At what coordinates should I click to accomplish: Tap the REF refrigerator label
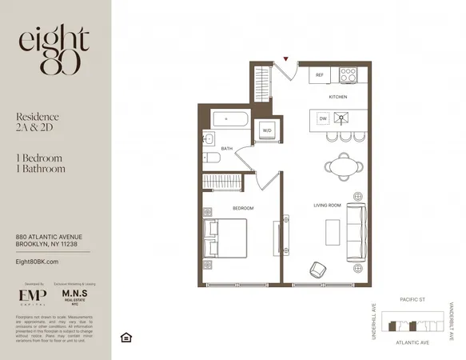tap(318, 76)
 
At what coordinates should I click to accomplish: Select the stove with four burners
tap(349, 74)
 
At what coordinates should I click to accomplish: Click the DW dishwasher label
tap(322, 118)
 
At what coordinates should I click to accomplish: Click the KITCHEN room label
tap(338, 97)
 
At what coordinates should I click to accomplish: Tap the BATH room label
tap(227, 148)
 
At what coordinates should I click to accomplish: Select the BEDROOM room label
tap(243, 208)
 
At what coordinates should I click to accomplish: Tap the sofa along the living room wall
tap(356, 233)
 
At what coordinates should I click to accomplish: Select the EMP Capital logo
tap(32, 298)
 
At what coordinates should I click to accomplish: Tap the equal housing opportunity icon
tap(125, 336)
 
